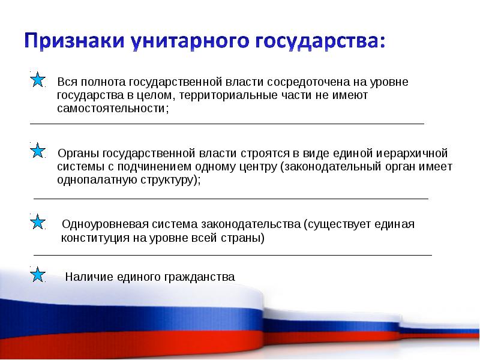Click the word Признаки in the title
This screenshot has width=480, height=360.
coord(73,43)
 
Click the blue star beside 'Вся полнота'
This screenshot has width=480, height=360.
coord(37,79)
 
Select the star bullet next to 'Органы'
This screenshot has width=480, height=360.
coord(37,151)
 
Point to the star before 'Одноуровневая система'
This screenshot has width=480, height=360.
coord(37,222)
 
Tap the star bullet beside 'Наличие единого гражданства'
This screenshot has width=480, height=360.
coord(37,275)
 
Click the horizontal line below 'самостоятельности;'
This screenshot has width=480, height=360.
coord(227,124)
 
